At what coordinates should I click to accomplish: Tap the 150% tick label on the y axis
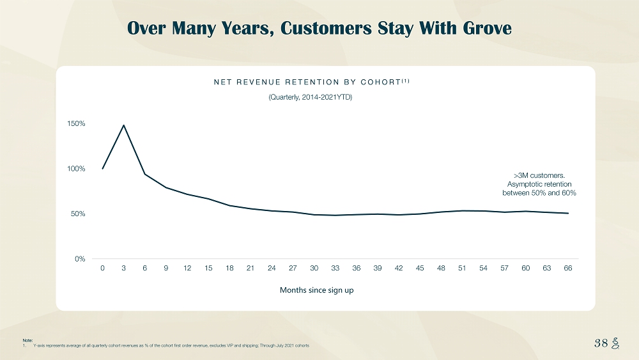tap(77, 123)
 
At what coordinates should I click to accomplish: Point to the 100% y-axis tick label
tap(77, 169)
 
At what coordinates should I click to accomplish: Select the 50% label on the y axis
tap(79, 214)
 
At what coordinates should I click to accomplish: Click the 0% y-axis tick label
tap(81, 259)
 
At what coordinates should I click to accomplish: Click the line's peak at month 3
tap(124, 125)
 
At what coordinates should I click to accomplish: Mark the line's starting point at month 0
tap(103, 169)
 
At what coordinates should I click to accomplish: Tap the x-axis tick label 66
tap(567, 268)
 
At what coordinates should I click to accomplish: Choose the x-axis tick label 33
tap(335, 268)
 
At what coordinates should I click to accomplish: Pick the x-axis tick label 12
tap(187, 268)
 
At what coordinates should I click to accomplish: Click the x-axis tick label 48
tap(441, 268)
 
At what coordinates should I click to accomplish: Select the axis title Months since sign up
tap(317, 290)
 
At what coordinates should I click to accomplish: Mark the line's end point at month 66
tap(567, 214)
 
